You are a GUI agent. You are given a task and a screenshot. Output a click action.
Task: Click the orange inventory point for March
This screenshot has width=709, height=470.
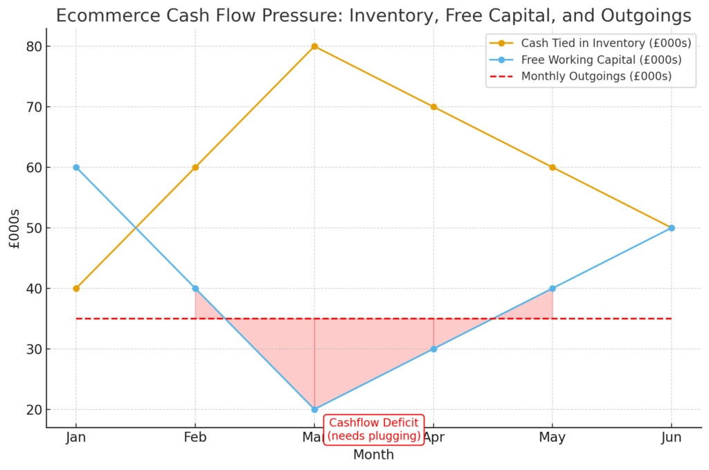coord(314,46)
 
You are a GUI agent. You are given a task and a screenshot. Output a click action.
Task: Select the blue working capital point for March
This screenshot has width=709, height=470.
coord(314,409)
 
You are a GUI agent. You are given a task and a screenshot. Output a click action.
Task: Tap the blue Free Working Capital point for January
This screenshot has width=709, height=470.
coord(76,168)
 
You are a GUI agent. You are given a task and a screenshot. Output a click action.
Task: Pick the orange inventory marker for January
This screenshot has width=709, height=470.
coord(76,288)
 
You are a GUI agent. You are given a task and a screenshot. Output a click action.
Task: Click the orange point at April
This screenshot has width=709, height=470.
coord(433,107)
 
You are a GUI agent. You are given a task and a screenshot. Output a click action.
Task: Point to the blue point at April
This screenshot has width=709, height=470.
coord(433,349)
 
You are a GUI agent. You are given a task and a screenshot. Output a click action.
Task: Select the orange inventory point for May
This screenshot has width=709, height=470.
coord(552,168)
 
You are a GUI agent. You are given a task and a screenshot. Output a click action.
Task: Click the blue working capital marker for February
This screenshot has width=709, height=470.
coord(195,288)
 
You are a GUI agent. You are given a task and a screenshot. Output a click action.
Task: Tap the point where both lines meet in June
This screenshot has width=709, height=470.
coord(671,228)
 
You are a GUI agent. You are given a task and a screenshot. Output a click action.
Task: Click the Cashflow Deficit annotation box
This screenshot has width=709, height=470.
coord(373,429)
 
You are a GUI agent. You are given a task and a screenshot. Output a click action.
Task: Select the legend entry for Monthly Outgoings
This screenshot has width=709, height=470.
coord(595,77)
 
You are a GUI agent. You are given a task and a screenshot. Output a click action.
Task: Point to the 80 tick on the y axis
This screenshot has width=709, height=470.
coord(34,46)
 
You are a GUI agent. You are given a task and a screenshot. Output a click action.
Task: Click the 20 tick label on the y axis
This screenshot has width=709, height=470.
coord(34,409)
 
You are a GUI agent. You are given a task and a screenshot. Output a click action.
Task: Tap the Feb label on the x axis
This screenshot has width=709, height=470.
coord(195,437)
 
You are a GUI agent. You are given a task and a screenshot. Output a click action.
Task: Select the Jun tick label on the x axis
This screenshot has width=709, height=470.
coord(671,437)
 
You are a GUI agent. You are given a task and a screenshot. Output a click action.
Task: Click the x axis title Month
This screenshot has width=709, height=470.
coord(373,455)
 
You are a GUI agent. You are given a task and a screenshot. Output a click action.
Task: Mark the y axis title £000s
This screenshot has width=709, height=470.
coord(15,228)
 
